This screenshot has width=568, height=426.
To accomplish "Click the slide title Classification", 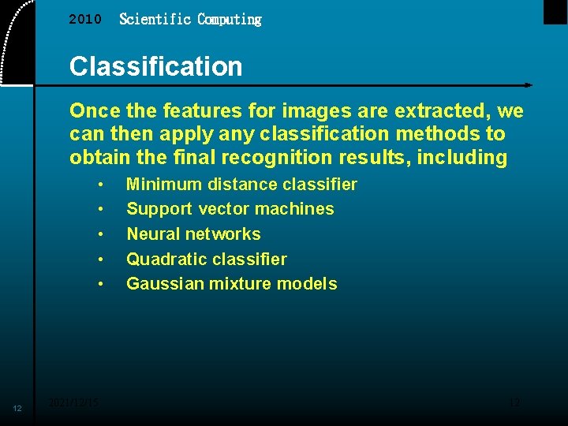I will coord(155,66).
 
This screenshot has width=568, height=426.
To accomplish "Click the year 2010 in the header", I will coord(85,20).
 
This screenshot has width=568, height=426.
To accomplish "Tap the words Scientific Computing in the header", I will coord(190,20).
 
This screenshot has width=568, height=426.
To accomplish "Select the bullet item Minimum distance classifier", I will coord(241,185).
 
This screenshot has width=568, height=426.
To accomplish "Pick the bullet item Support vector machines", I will coord(230,209).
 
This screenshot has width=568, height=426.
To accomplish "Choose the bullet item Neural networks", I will coord(193,234).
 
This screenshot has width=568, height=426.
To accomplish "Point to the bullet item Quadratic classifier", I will coord(207,259).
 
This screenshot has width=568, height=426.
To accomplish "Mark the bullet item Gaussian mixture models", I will coord(231,284).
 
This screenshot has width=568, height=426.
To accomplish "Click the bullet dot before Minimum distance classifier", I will coord(101,185).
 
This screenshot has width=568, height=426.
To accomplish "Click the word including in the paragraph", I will coord(462,158).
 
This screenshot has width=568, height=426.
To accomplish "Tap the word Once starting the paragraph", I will coord(92,110).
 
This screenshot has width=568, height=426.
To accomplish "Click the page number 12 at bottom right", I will coord(514,402).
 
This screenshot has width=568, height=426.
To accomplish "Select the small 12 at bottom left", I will coord(17,408).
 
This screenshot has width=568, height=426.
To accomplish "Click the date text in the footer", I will coord(73,402).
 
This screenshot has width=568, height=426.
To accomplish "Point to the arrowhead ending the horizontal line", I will coord(528,85).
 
